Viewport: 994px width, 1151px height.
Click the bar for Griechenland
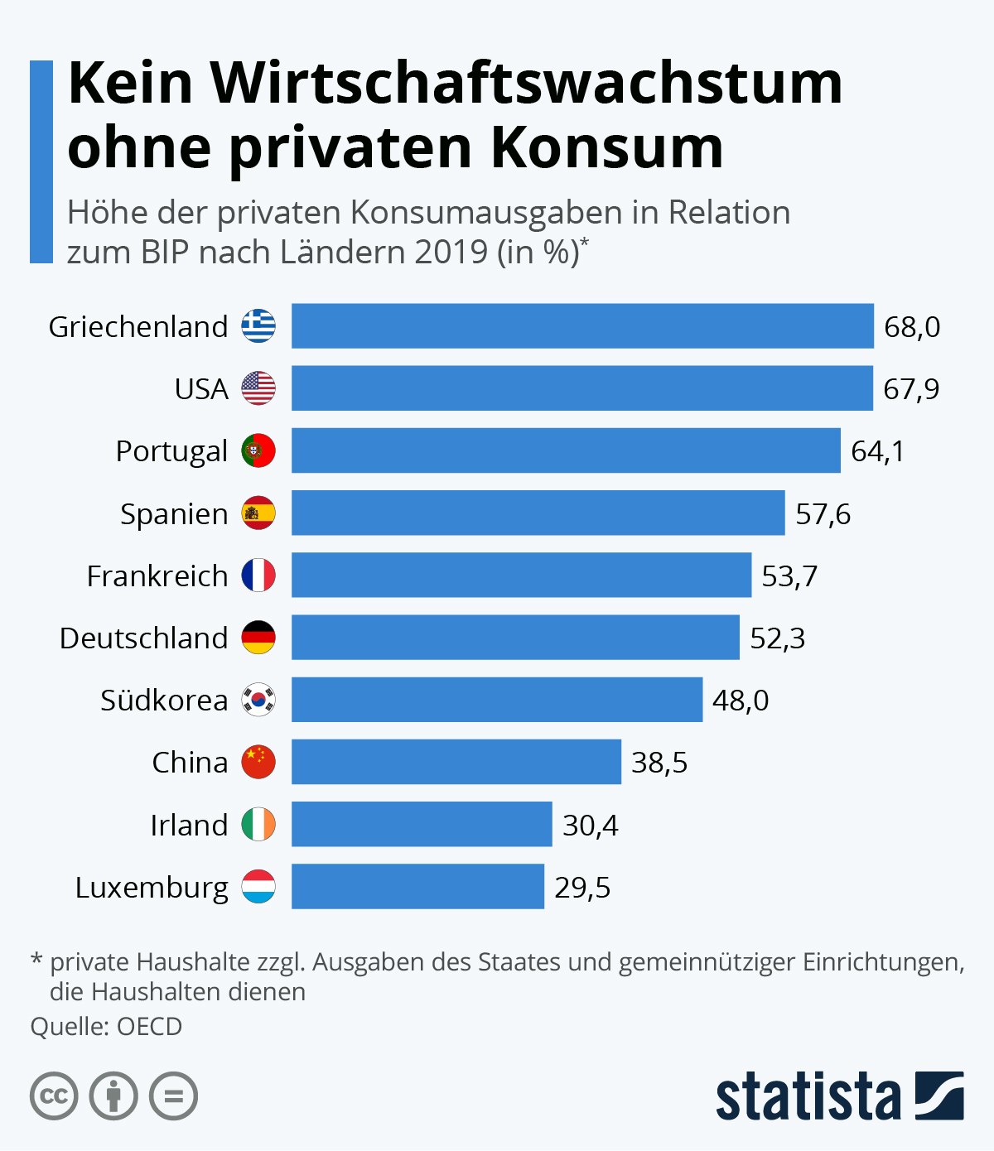pyautogui.click(x=582, y=326)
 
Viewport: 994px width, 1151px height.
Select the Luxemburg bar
pyautogui.click(x=417, y=887)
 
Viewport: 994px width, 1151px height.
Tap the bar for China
pyautogui.click(x=456, y=762)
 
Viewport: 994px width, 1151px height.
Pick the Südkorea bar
pyautogui.click(x=497, y=700)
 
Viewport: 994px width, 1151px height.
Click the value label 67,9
pyautogui.click(x=911, y=389)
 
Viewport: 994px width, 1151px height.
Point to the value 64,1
pyautogui.click(x=877, y=451)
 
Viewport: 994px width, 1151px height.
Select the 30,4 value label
pyautogui.click(x=590, y=826)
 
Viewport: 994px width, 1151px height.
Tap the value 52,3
pyautogui.click(x=777, y=638)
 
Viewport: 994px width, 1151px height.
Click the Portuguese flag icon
pyautogui.click(x=258, y=450)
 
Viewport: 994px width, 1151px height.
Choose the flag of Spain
pyautogui.click(x=258, y=513)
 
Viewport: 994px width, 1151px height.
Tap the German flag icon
pyautogui.click(x=258, y=638)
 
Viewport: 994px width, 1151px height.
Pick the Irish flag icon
pyautogui.click(x=258, y=825)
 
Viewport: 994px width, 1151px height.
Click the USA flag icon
pyautogui.click(x=258, y=388)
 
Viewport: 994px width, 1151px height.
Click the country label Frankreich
pyautogui.click(x=157, y=575)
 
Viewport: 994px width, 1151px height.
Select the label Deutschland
pyautogui.click(x=143, y=638)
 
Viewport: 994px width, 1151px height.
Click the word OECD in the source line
pyautogui.click(x=149, y=1027)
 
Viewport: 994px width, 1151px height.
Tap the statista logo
pyautogui.click(x=839, y=1096)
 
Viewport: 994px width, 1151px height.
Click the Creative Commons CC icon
pyautogui.click(x=54, y=1096)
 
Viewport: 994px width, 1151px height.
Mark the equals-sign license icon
pyautogui.click(x=173, y=1096)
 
